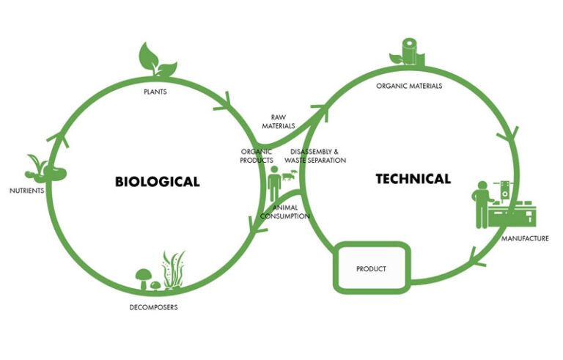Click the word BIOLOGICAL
click(x=158, y=181)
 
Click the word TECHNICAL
click(x=413, y=179)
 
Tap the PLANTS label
click(x=155, y=92)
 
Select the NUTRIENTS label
click(x=27, y=191)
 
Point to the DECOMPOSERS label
click(x=154, y=307)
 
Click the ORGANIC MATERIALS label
click(x=409, y=86)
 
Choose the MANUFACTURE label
click(x=525, y=238)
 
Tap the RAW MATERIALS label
click(x=279, y=122)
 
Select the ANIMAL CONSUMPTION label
click(x=285, y=212)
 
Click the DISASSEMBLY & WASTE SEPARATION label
click(x=315, y=156)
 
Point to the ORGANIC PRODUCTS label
click(x=257, y=156)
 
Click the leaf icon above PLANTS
click(x=157, y=59)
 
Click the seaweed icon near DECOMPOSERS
click(x=174, y=270)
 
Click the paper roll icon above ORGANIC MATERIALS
click(x=410, y=51)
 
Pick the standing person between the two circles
click(x=274, y=183)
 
